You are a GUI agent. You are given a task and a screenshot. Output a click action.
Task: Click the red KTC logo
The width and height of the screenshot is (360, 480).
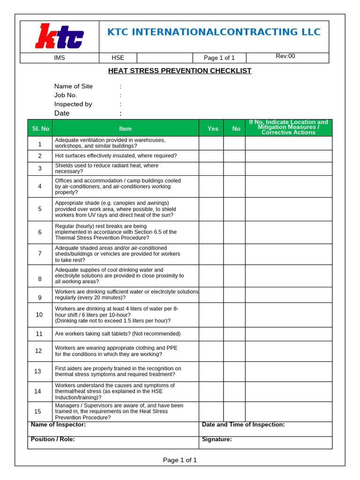pyautogui.click(x=60, y=37)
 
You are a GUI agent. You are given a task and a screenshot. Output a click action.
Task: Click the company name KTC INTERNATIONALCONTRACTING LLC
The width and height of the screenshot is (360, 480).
pyautogui.click(x=214, y=32)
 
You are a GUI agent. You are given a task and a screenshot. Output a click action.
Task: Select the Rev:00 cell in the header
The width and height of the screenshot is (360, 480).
pyautogui.click(x=285, y=56)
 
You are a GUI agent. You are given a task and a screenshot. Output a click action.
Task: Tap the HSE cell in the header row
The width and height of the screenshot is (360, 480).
pyautogui.click(x=118, y=58)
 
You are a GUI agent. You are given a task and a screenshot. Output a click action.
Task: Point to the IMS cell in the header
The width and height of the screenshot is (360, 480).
pyautogui.click(x=60, y=58)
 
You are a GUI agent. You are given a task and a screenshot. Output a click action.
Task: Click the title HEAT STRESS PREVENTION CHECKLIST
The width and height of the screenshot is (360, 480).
pyautogui.click(x=180, y=71)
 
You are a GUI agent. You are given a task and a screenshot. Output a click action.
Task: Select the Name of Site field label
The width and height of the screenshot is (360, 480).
pyautogui.click(x=74, y=86)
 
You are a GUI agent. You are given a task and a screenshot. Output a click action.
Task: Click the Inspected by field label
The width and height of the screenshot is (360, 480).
pyautogui.click(x=73, y=104)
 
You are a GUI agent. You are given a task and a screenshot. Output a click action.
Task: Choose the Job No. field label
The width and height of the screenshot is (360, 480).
pyautogui.click(x=66, y=95)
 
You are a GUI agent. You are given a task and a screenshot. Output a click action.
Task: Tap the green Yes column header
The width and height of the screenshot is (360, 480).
pyautogui.click(x=213, y=128)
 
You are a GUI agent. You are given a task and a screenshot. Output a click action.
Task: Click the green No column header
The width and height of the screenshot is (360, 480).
pyautogui.click(x=236, y=128)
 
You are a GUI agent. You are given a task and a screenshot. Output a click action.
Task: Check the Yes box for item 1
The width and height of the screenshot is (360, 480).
pyautogui.click(x=211, y=143)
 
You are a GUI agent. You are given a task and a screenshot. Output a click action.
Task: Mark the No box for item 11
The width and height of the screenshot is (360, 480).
pyautogui.click(x=234, y=334)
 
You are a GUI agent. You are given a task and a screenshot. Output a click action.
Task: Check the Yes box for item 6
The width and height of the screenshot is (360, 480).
pyautogui.click(x=211, y=232)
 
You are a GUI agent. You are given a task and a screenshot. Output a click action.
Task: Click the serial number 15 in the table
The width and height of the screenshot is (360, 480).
pyautogui.click(x=38, y=412)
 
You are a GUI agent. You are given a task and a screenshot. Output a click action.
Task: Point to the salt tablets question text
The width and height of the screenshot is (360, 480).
pyautogui.click(x=118, y=334)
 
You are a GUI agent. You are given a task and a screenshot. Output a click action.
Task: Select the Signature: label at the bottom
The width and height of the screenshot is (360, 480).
pyautogui.click(x=217, y=440)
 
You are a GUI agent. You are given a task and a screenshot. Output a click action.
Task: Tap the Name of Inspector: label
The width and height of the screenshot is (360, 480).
pyautogui.click(x=58, y=425)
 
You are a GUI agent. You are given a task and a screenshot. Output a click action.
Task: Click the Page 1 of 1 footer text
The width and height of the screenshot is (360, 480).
pyautogui.click(x=180, y=460)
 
